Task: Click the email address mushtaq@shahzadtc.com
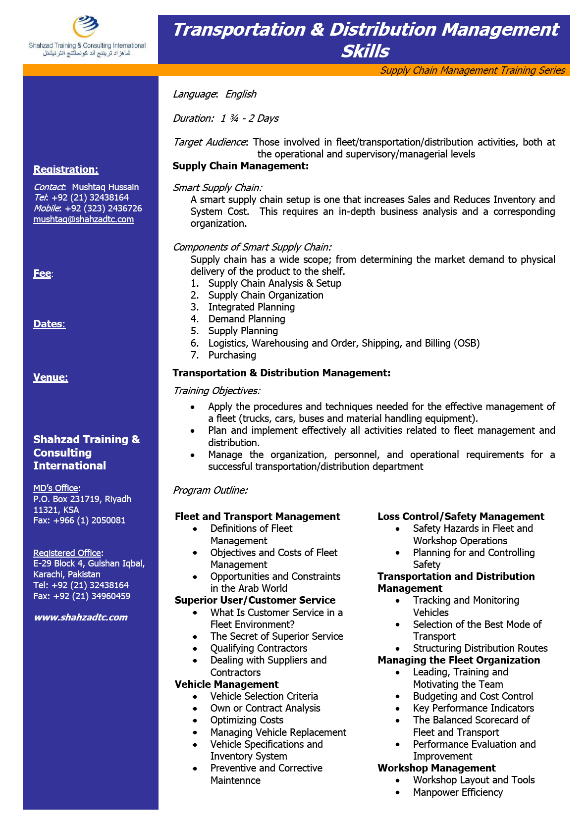(83, 219)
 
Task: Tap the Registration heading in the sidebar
(65, 169)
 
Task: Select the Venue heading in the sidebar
(51, 377)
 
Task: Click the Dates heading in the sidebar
(49, 324)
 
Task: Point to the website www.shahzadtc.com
(80, 617)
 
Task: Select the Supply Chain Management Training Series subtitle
(472, 70)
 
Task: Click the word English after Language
(241, 94)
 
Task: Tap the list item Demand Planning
(246, 319)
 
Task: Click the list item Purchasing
(232, 355)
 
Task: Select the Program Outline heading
(210, 490)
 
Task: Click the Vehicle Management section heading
(226, 684)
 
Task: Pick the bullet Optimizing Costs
(247, 720)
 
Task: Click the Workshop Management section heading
(436, 768)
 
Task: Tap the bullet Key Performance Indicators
(473, 708)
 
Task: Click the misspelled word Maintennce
(235, 780)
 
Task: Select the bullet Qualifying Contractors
(259, 648)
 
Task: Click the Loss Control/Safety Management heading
(461, 516)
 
